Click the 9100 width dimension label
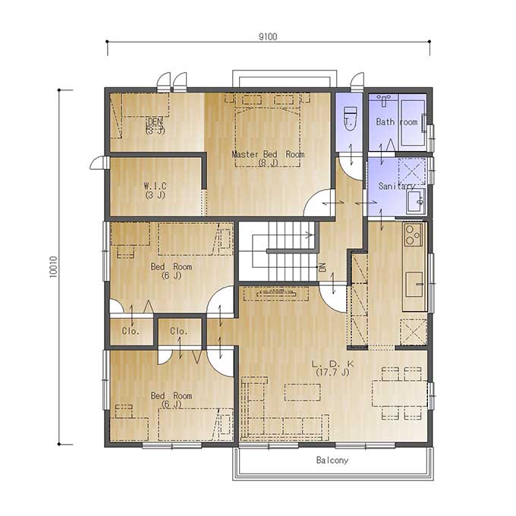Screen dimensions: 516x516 coord(268,36)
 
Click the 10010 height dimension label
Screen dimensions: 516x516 coord(53,267)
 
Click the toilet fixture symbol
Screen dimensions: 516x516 coord(350,118)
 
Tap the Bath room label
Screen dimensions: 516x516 coord(397,122)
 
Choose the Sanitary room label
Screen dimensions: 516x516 coord(397,186)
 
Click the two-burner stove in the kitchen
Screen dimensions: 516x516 coord(413,234)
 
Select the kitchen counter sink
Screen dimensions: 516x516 coord(414,284)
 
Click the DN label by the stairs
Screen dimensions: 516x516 coord(322,267)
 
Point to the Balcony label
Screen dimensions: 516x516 coord(332,460)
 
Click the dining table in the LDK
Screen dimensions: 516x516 coord(399,394)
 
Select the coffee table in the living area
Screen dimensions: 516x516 coord(303,392)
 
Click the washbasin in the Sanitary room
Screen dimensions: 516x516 coord(416,201)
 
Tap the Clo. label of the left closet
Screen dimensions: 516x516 coord(131,331)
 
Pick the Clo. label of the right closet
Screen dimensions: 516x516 coord(178,331)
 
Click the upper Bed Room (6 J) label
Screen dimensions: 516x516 coord(171,271)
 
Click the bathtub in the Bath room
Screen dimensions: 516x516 coord(412,122)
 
